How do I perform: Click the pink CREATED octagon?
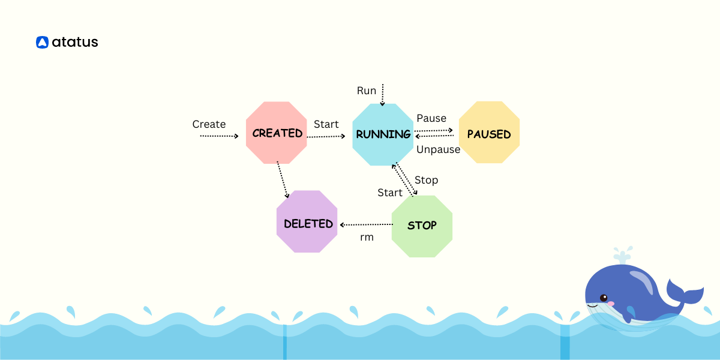pyautogui.click(x=277, y=133)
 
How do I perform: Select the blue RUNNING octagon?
pyautogui.click(x=383, y=134)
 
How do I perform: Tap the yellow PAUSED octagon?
pyautogui.click(x=489, y=133)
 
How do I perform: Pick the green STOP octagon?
pyautogui.click(x=422, y=226)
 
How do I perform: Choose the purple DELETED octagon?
pyautogui.click(x=307, y=222)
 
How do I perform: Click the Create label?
pyautogui.click(x=209, y=124)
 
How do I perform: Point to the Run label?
pyautogui.click(x=367, y=91)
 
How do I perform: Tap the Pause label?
pyautogui.click(x=431, y=118)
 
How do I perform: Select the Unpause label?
pyautogui.click(x=438, y=149)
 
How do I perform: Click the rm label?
pyautogui.click(x=367, y=237)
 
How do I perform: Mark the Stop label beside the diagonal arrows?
pyautogui.click(x=426, y=180)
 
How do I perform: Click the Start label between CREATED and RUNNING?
pyautogui.click(x=326, y=124)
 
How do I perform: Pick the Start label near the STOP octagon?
pyautogui.click(x=390, y=193)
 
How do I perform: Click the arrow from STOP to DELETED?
pyautogui.click(x=366, y=224)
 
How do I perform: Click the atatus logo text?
pyautogui.click(x=75, y=42)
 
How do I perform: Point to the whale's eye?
pyautogui.click(x=603, y=298)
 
